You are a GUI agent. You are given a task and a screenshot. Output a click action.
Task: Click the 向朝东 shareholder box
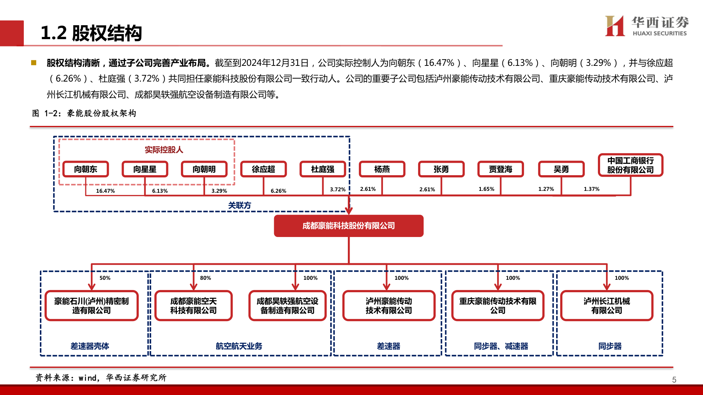86,169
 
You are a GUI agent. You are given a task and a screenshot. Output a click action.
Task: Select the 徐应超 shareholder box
263,169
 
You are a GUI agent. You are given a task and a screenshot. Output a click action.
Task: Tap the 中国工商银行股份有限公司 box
630,165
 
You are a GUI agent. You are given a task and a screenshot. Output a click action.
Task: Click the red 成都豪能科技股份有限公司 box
349,226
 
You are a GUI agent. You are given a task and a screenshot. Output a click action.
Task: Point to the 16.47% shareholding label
105,191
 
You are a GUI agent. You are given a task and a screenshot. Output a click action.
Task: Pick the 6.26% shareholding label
278,191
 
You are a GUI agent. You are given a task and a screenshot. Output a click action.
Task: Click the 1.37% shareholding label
591,189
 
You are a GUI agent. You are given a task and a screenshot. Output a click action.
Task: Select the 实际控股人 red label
164,150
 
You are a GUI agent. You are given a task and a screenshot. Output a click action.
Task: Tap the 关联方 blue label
239,205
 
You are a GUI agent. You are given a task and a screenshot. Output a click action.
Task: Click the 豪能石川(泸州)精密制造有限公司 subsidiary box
92,305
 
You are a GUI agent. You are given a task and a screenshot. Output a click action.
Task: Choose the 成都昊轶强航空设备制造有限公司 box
287,305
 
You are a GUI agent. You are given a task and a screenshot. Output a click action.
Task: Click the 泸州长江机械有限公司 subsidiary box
607,305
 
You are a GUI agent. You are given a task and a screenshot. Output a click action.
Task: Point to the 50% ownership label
105,278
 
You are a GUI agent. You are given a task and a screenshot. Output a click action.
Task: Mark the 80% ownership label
205,278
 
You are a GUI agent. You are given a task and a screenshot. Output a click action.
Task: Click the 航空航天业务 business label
239,346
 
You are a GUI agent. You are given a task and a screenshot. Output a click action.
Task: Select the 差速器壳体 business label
90,346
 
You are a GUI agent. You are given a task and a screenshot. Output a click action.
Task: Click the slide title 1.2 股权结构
91,33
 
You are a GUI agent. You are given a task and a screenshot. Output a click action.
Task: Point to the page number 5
674,380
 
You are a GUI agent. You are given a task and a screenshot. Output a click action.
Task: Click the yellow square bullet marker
34,63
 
